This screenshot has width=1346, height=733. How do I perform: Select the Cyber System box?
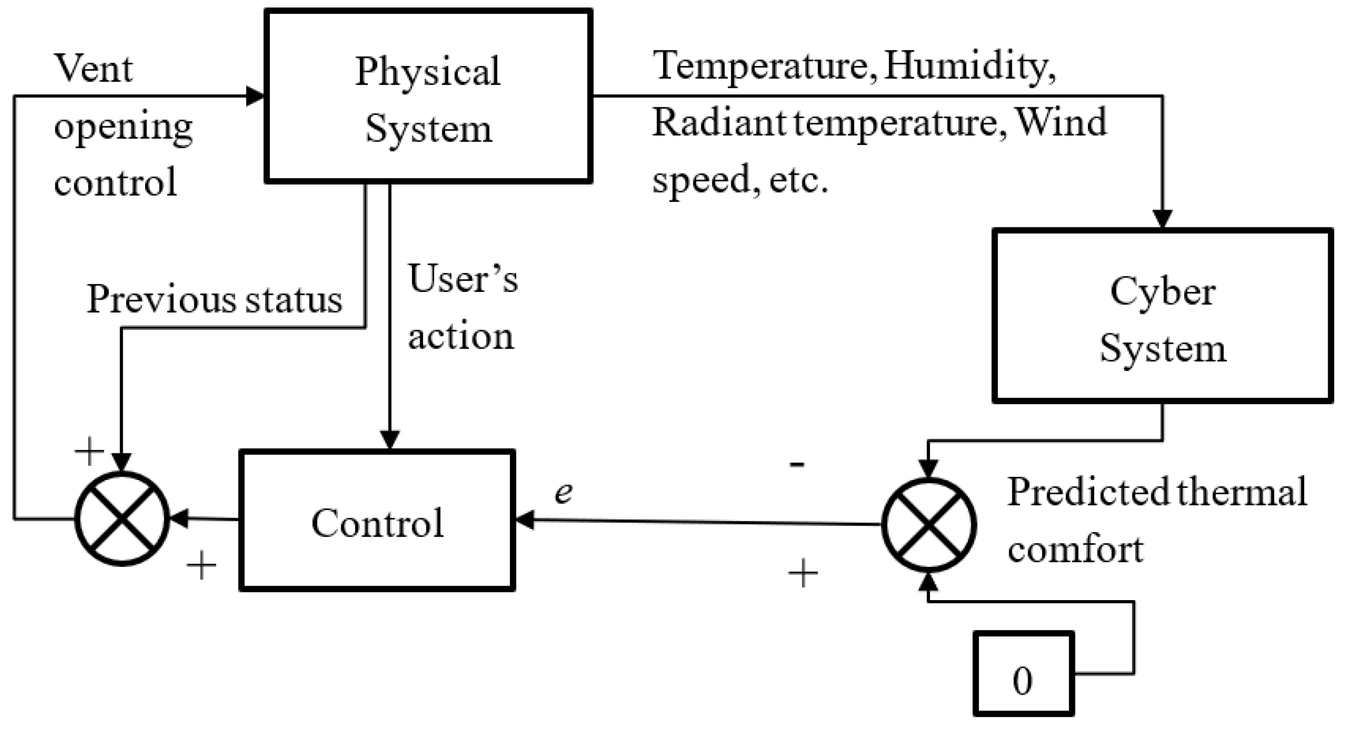pyautogui.click(x=1162, y=316)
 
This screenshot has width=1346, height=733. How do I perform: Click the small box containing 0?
pyautogui.click(x=1023, y=674)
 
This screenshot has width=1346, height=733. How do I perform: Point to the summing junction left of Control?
pyautogui.click(x=122, y=519)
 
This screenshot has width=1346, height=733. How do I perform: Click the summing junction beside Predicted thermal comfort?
pyautogui.click(x=929, y=524)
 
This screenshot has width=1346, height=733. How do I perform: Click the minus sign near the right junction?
pyautogui.click(x=797, y=463)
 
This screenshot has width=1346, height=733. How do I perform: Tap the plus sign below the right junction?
pyautogui.click(x=803, y=574)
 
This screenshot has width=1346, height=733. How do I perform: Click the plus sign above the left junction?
pyautogui.click(x=89, y=451)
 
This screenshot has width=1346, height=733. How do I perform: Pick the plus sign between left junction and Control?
pyautogui.click(x=201, y=565)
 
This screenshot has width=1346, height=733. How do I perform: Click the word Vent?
pyautogui.click(x=93, y=68)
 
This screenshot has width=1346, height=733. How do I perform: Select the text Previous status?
pyautogui.click(x=214, y=300)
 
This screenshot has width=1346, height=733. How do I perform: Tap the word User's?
pyautogui.click(x=463, y=279)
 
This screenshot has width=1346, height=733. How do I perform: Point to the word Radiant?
pyautogui.click(x=718, y=123)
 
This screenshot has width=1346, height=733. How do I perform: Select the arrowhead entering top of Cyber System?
pyautogui.click(x=1162, y=219)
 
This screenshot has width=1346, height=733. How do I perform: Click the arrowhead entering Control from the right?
pyautogui.click(x=525, y=520)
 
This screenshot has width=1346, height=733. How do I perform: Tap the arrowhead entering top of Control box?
pyautogui.click(x=390, y=439)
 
